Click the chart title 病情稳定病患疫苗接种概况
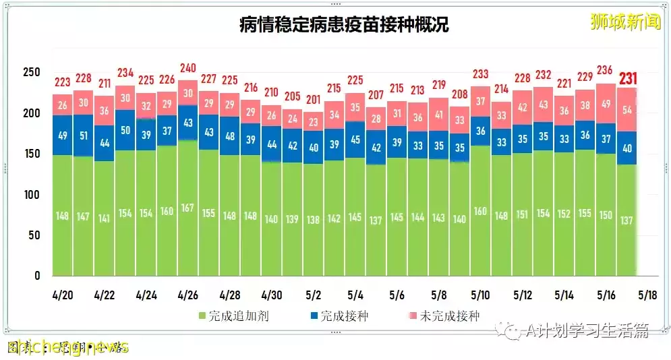(344, 25)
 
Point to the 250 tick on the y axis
(31, 73)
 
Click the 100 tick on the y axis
(31, 195)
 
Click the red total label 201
(313, 99)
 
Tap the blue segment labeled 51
(83, 136)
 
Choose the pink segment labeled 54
(628, 110)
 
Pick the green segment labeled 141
(104, 218)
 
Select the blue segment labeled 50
(125, 130)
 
